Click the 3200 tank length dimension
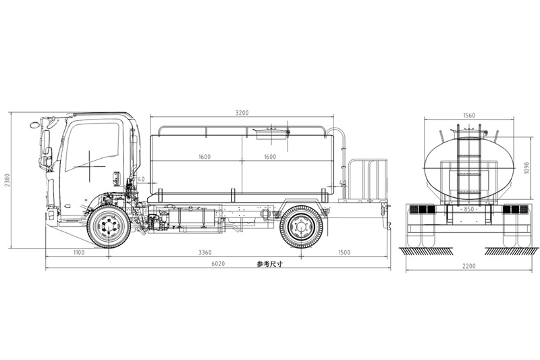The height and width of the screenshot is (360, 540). (242, 112)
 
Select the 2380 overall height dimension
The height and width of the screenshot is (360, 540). (7, 180)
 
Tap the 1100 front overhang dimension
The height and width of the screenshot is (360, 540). (78, 253)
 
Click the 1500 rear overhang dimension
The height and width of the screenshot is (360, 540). (345, 253)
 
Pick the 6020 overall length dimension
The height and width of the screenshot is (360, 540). (217, 265)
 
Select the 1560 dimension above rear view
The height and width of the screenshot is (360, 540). (470, 115)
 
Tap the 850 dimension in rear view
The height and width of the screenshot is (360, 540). (470, 209)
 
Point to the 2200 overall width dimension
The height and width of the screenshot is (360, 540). (468, 266)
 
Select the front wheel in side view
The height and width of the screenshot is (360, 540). (109, 227)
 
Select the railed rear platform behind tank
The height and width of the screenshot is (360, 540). (368, 180)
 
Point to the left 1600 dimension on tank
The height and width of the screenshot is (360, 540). (205, 157)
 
